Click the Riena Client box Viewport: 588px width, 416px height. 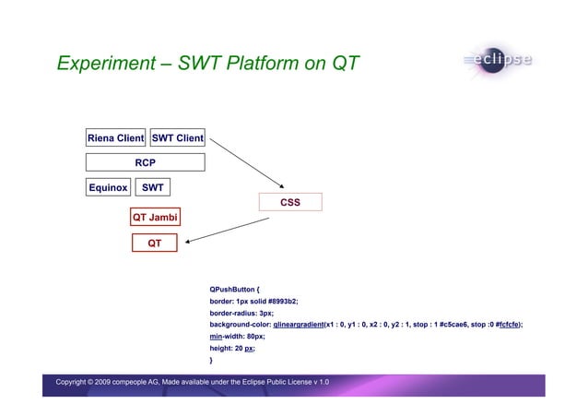tap(115, 138)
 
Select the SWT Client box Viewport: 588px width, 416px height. tap(177, 138)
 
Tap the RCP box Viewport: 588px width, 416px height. tap(145, 162)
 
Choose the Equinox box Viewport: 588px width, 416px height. tap(108, 187)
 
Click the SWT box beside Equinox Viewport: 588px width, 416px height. tap(153, 187)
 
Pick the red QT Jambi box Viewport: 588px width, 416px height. tap(155, 218)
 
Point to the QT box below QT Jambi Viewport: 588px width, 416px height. tap(155, 244)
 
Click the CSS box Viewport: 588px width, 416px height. tap(290, 202)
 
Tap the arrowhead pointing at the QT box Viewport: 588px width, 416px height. tap(187, 244)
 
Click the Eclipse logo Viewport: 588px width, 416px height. tap(499, 61)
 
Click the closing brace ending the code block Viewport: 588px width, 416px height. tap(211, 361)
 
